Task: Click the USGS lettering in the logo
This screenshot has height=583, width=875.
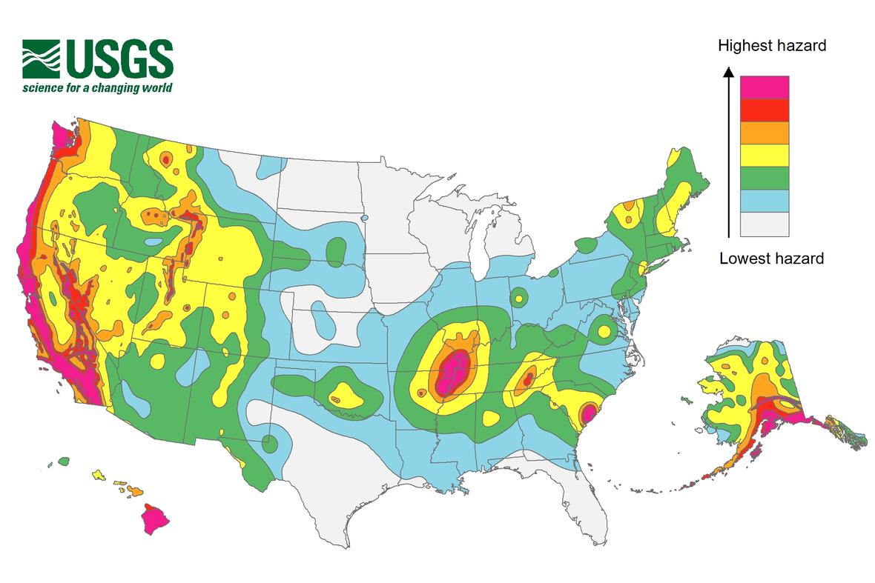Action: tap(119, 59)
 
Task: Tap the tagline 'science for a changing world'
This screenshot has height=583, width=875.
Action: tap(97, 88)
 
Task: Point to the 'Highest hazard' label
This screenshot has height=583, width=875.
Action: tap(772, 46)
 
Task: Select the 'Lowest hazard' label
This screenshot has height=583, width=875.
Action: tap(771, 259)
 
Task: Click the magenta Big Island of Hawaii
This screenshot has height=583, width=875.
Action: tap(154, 519)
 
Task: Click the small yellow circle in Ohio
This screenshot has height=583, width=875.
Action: tap(518, 299)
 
